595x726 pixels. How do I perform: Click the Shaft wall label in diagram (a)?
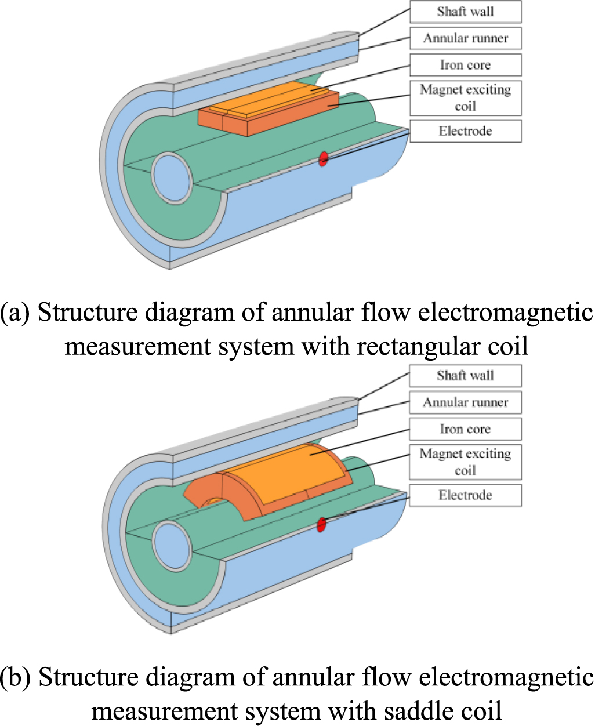tap(465, 12)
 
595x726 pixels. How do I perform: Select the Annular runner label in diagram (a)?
tap(465, 38)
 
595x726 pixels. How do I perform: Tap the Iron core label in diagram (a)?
tap(465, 65)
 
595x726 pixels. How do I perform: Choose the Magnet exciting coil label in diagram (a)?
tap(465, 98)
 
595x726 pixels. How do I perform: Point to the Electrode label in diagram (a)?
tap(465, 131)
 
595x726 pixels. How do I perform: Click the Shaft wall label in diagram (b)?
tap(465, 376)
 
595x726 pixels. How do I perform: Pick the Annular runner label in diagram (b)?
tap(465, 402)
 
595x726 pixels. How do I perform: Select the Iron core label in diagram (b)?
tap(465, 429)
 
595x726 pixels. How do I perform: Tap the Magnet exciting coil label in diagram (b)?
tap(465, 462)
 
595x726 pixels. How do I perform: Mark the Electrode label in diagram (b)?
tap(465, 495)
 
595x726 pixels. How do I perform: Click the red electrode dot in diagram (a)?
tap(324, 158)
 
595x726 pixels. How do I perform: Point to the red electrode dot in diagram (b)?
tap(321, 525)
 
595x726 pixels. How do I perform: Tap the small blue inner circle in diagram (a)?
tap(173, 177)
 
